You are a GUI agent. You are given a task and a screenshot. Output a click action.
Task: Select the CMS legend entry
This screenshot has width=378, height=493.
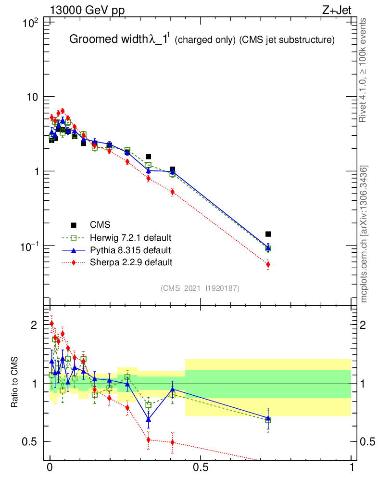100,225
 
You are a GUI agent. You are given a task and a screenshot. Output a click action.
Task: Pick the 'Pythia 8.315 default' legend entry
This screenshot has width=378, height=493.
130,250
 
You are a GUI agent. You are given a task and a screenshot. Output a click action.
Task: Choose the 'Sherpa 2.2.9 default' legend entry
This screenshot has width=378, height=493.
131,263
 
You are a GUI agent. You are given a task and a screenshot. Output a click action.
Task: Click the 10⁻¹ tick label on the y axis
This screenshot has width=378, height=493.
31,246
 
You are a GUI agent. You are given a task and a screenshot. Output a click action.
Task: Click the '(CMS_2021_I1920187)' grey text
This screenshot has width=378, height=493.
200,288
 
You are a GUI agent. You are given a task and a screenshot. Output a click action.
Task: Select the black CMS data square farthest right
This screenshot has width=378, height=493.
268,234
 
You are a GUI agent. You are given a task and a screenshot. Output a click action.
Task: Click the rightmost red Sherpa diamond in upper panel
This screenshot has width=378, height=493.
268,264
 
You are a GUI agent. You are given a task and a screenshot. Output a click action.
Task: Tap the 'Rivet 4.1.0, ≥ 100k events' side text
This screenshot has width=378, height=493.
363,70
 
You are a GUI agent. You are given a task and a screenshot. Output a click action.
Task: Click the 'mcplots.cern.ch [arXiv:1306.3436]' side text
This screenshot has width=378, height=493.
364,234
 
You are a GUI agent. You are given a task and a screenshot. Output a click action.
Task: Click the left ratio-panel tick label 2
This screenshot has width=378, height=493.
34,325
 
